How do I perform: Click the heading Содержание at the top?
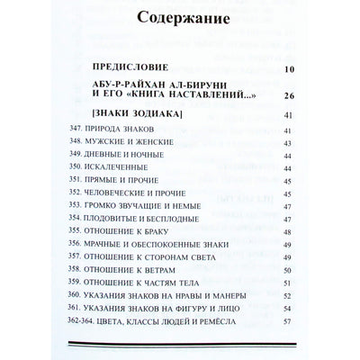pos(180,20)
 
